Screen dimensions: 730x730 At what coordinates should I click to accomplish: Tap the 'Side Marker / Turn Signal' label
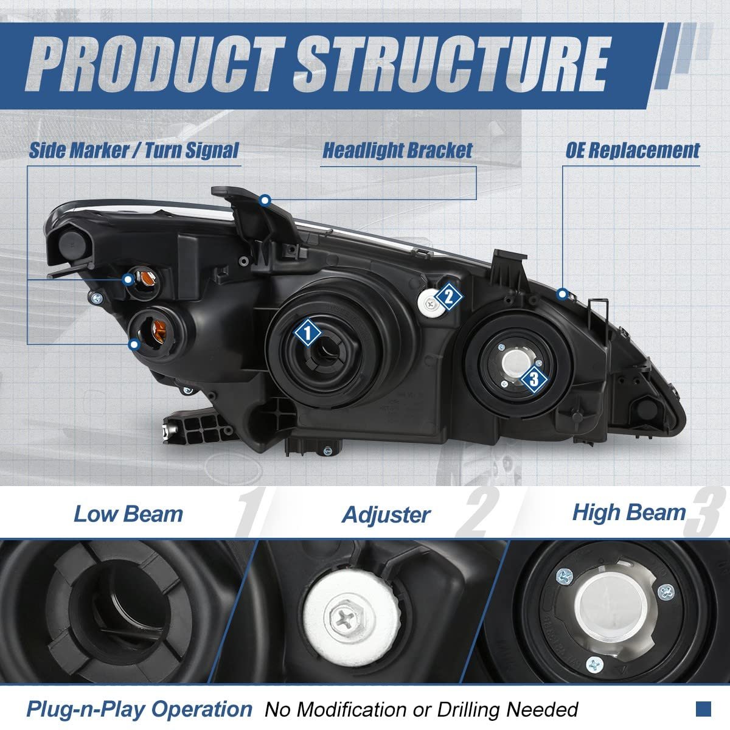point(134,150)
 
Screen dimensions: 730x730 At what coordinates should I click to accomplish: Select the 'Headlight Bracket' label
point(397,150)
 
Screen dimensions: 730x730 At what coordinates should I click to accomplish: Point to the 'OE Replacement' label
point(633,150)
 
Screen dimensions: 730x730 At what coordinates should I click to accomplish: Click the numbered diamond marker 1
point(308,333)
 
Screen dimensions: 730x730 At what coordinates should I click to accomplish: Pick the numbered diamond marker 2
point(448,297)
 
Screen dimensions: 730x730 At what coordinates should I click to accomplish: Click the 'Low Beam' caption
point(128,513)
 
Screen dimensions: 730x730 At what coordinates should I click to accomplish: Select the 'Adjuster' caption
point(386,515)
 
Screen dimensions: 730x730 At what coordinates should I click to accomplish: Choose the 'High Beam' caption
point(628,512)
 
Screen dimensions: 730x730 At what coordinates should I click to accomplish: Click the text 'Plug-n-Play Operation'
point(139,709)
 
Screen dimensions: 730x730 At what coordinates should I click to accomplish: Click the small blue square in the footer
point(704,709)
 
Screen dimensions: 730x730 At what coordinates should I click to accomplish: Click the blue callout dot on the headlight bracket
point(265,200)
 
